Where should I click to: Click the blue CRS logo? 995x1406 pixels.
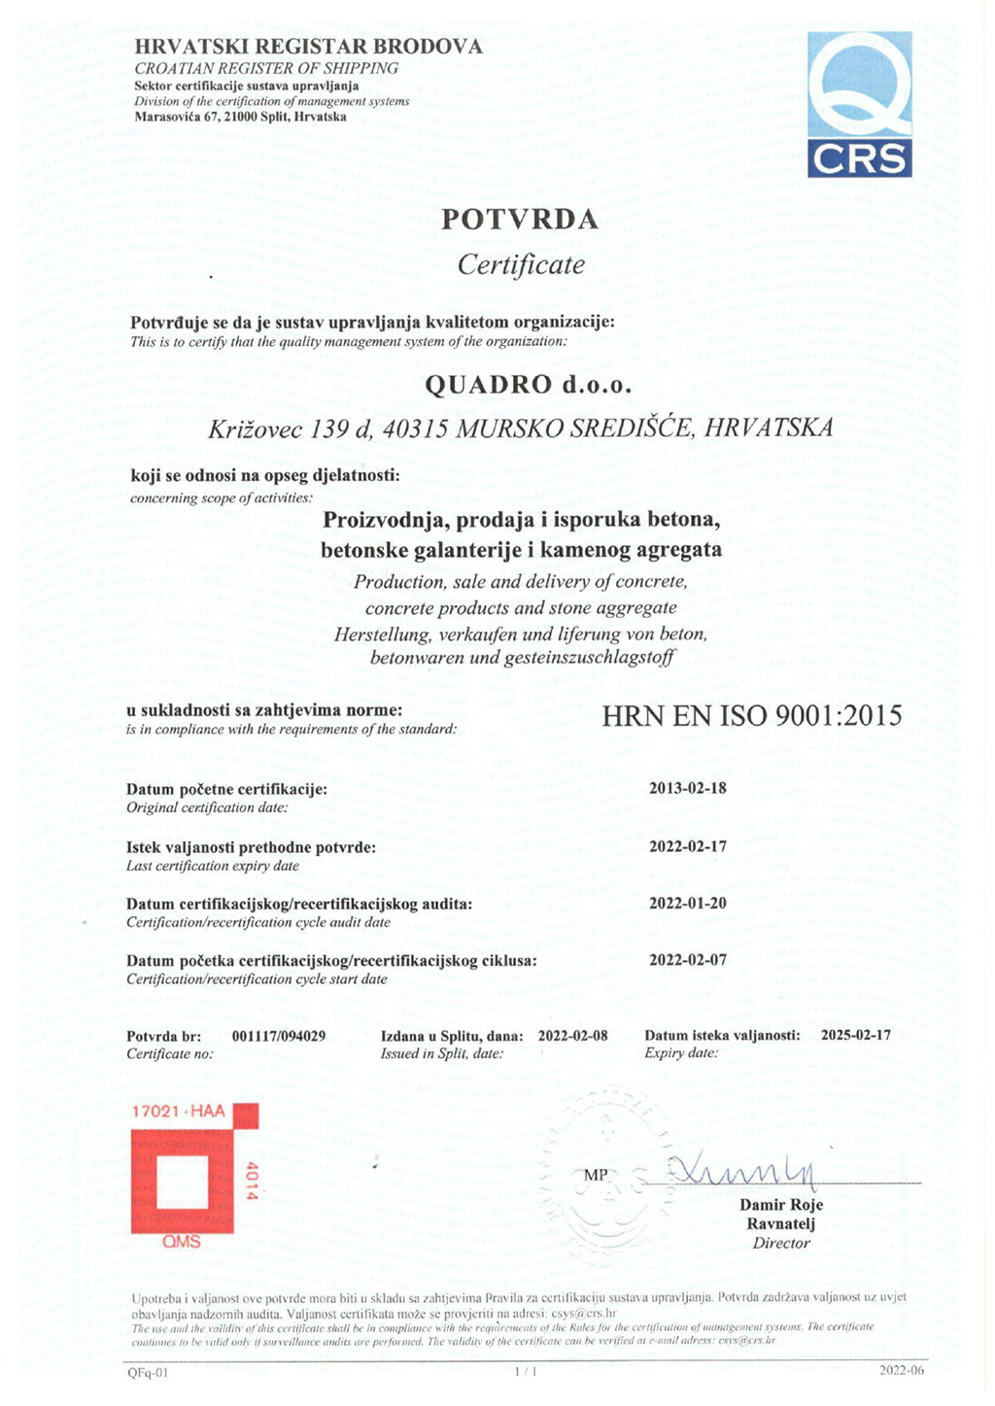point(860,103)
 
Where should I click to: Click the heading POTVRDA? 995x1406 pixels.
point(520,221)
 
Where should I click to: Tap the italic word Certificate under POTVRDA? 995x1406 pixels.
point(521,264)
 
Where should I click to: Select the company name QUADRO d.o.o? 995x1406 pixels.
point(529,385)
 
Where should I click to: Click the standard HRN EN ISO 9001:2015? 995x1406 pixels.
point(751,716)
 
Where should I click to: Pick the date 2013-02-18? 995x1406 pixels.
point(687,788)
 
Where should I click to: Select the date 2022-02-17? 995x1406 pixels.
point(687,846)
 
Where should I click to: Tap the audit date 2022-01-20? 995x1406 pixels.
point(687,903)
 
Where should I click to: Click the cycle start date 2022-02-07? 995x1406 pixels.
point(687,960)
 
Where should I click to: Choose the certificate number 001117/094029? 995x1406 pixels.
point(279,1036)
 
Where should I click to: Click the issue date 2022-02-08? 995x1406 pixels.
point(572,1036)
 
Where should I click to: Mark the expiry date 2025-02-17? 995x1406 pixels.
point(855,1035)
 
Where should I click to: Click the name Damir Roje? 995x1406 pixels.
point(781,1206)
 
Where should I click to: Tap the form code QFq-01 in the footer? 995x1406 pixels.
point(148,1373)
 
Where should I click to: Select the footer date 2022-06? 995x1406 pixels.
point(902,1370)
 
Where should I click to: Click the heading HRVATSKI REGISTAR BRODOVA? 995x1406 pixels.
point(308,47)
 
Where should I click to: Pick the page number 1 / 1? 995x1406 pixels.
point(524,1372)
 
